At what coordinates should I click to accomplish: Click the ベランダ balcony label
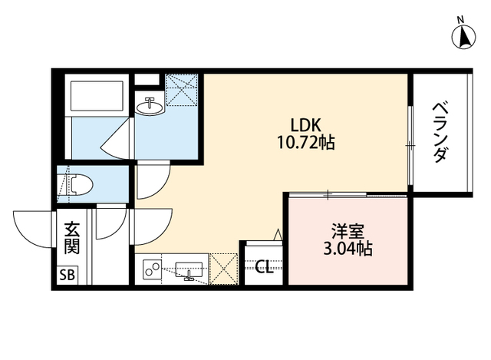coord(440,132)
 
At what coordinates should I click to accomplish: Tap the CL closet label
coord(263,267)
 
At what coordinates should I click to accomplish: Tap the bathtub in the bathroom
coord(97,95)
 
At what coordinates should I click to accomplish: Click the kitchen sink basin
coord(189,270)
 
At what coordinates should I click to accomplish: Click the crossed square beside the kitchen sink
coord(225,269)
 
